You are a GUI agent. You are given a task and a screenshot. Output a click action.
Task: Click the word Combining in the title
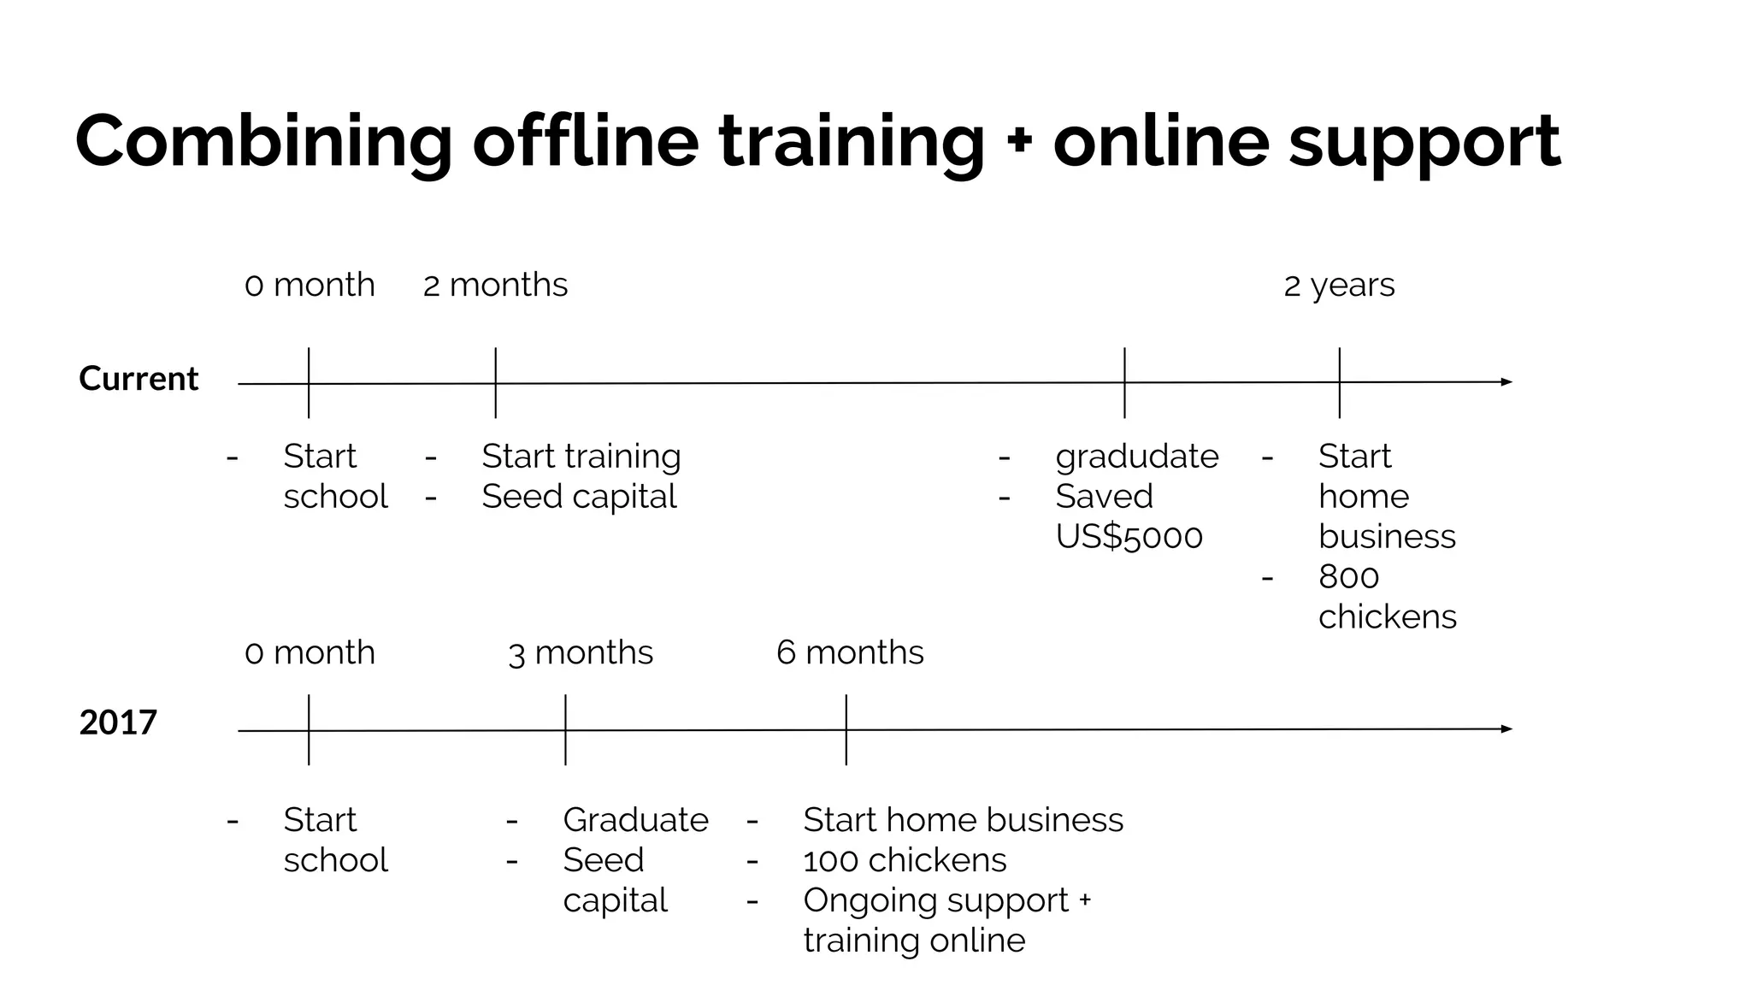(263, 143)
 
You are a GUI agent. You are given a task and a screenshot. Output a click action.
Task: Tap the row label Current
(139, 379)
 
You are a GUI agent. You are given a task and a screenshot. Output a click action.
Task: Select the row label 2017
(118, 723)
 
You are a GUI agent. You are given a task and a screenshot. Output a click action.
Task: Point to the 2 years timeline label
(1339, 285)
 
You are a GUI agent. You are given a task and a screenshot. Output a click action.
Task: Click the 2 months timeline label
(495, 285)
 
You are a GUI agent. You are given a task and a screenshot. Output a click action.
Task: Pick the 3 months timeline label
(581, 653)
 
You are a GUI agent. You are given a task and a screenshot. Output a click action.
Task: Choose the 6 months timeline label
(850, 653)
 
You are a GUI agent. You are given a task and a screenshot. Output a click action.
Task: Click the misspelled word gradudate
(1137, 457)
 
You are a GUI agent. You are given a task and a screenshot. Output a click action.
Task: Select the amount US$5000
(1129, 537)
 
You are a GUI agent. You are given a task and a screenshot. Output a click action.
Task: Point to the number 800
(1348, 577)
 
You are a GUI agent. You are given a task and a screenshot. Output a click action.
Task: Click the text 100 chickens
(905, 860)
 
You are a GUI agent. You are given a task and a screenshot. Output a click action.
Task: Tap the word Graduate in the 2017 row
(635, 820)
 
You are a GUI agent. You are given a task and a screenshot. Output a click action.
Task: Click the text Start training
(581, 457)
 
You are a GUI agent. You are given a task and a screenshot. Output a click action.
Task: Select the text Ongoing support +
(947, 900)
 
